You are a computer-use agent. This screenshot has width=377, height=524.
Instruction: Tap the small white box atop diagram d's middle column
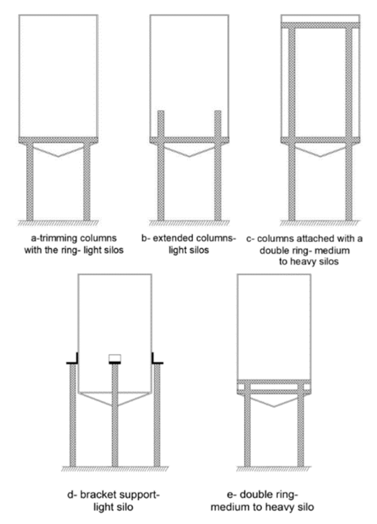click(115, 357)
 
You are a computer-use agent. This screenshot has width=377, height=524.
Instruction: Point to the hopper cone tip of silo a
click(58, 157)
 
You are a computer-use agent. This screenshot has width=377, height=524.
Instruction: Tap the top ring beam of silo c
click(320, 25)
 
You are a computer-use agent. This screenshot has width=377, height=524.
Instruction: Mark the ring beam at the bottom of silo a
click(58, 140)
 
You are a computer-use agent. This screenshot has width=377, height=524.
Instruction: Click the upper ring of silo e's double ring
click(274, 382)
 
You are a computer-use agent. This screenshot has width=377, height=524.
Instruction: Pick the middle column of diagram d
click(115, 415)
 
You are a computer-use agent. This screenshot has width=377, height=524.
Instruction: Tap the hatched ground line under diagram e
click(274, 468)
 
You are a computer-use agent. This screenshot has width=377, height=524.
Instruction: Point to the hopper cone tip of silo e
click(274, 406)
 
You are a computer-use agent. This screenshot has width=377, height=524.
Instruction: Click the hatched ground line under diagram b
click(189, 223)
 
